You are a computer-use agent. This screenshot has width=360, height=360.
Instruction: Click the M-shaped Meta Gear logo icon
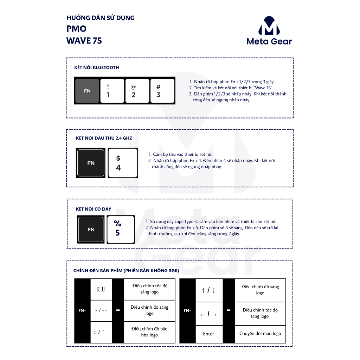tap(269, 25)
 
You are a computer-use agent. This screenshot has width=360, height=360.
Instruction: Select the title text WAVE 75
tap(84, 41)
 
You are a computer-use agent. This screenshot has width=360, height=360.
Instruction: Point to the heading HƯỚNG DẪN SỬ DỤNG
tap(100, 18)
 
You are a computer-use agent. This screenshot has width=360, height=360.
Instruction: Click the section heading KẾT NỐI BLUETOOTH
tap(96, 67)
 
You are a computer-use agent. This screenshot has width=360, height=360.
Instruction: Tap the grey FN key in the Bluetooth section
tap(87, 91)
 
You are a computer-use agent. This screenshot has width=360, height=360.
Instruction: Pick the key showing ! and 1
tap(112, 91)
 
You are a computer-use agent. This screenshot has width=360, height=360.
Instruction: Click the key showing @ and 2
tap(137, 91)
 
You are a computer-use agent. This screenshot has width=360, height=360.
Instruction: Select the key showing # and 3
tap(162, 91)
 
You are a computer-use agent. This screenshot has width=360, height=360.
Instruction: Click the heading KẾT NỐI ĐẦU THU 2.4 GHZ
tap(104, 138)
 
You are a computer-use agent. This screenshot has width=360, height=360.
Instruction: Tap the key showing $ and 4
tap(122, 163)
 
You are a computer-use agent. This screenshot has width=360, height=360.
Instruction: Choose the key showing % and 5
tap(121, 229)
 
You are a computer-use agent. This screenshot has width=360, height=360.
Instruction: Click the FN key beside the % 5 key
tap(91, 229)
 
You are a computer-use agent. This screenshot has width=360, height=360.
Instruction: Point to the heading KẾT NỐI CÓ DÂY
tap(94, 209)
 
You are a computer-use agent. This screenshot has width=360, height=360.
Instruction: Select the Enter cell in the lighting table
tap(208, 334)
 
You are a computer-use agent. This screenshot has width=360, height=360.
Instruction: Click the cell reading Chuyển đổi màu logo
tap(260, 334)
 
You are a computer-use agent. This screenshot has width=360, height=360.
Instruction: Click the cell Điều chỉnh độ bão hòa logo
tap(149, 332)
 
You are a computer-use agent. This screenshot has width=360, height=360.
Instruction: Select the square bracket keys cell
tap(101, 289)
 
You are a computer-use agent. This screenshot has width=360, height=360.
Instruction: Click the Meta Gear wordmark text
tap(269, 41)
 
